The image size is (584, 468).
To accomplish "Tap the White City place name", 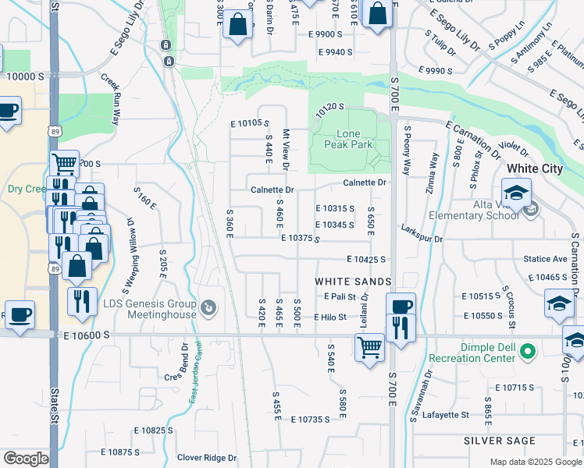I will coord(534,168).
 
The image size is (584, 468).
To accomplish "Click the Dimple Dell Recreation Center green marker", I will coord(528,351).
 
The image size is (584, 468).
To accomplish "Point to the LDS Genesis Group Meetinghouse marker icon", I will coord(208,309).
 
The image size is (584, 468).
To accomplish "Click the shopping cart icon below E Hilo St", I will coord(369,347).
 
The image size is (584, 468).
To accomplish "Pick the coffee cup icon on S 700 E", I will coord(401,306).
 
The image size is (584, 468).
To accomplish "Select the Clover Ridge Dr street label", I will coord(206,458).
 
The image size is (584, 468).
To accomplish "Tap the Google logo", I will coord(26,459).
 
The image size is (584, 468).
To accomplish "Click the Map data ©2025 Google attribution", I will coord(535,462).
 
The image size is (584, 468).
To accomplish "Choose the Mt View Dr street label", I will coord(286,150).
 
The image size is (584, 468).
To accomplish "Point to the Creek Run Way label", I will coord(110,99).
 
